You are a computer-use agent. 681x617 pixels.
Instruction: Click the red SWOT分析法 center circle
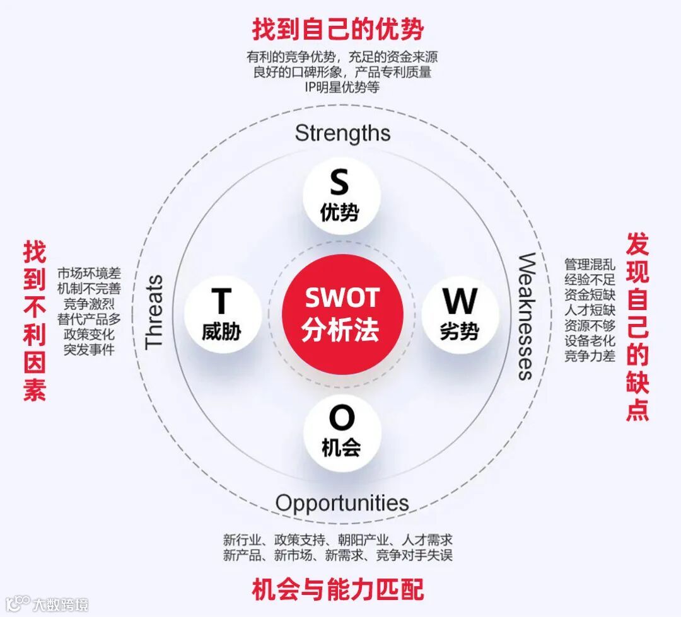tap(340, 314)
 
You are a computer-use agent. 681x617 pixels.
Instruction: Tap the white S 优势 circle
tap(340, 195)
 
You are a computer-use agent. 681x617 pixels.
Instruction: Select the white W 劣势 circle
tap(460, 314)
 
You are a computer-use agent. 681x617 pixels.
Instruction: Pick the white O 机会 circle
tap(341, 432)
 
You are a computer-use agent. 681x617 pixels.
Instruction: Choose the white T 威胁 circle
tap(222, 314)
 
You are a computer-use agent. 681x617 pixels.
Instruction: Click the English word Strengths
tap(342, 133)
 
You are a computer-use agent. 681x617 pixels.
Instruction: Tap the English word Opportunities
tap(342, 503)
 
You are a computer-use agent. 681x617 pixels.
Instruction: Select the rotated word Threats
tap(154, 311)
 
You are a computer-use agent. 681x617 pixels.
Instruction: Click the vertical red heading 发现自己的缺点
tap(637, 326)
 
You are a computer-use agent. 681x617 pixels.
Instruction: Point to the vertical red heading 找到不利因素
tap(35, 321)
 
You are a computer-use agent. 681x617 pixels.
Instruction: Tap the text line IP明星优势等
tap(342, 88)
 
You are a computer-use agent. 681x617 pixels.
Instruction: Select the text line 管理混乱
tap(590, 264)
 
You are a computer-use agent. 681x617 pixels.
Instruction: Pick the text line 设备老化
tap(590, 340)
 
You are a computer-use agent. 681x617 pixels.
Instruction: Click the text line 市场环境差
tap(89, 274)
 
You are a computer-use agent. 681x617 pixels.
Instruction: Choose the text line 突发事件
tap(89, 349)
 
